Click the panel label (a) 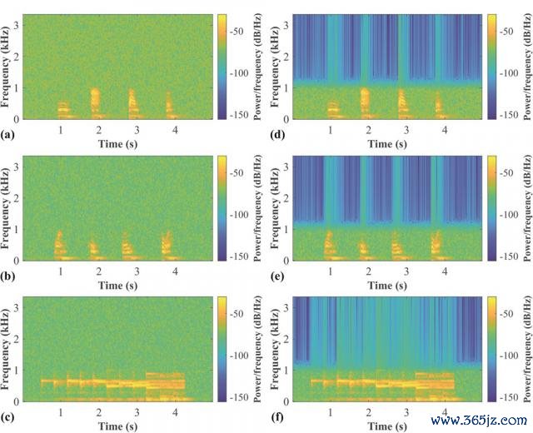[x=7, y=133]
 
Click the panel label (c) [x=7, y=418]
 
